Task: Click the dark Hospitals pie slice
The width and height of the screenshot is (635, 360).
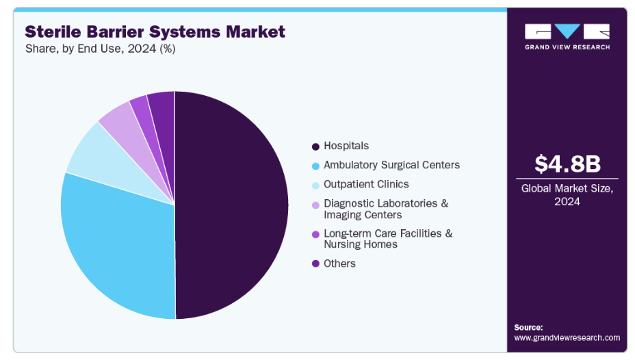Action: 233,205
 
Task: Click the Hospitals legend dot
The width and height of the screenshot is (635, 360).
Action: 315,146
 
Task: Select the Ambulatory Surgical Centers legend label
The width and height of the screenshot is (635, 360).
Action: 391,165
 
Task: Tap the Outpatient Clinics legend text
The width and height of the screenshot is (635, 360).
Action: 366,184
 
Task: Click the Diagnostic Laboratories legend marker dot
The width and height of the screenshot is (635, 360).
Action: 315,205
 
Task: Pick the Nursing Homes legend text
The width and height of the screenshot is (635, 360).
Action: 360,244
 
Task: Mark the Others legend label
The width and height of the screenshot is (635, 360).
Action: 339,263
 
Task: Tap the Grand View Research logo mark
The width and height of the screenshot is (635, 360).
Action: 567,31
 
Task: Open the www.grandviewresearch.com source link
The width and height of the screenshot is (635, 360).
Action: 567,337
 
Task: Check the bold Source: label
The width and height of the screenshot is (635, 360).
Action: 528,327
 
